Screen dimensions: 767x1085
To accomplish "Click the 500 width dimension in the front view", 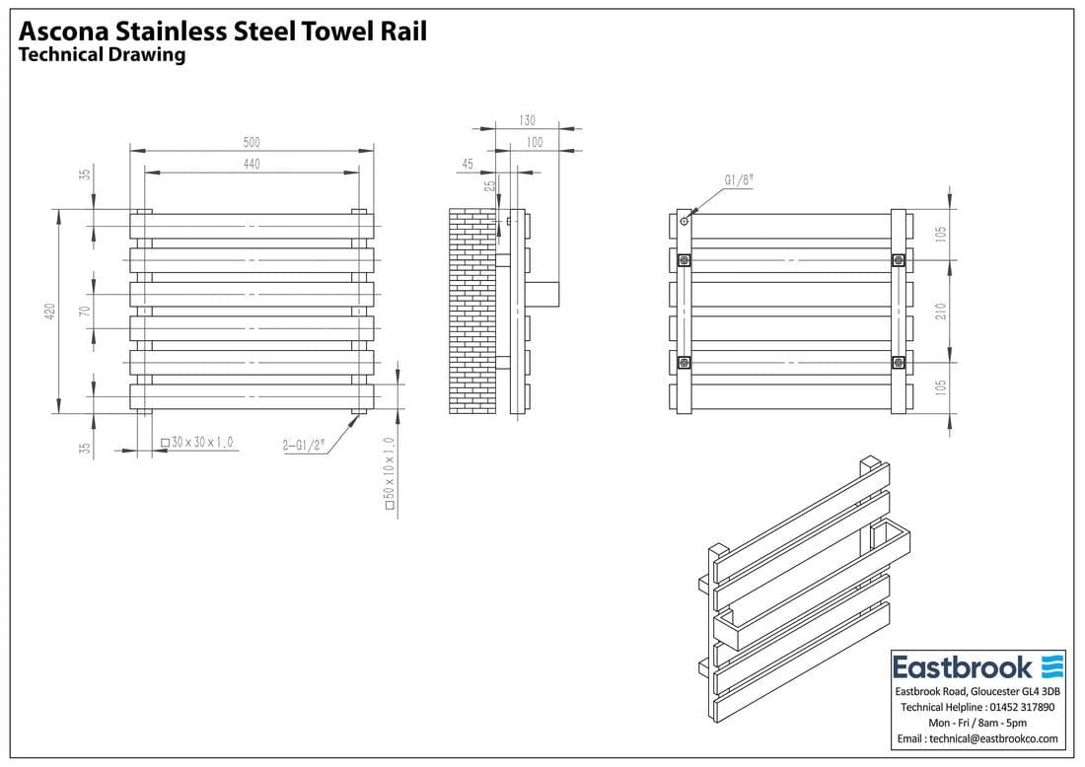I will click(x=252, y=142).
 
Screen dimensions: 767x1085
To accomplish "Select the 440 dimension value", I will click(x=252, y=164).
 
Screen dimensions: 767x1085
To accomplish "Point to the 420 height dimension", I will click(x=49, y=312).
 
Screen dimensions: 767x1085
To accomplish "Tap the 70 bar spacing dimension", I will click(x=85, y=312).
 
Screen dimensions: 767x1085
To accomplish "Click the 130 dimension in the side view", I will click(x=527, y=120).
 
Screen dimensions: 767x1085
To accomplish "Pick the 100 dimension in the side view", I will click(x=534, y=143).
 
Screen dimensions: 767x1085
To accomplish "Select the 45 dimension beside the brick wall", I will click(x=468, y=164).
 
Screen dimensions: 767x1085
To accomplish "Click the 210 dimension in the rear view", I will click(x=941, y=312).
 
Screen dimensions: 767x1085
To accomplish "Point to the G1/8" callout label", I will click(x=739, y=180).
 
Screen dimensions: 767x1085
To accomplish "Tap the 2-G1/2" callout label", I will click(x=304, y=445).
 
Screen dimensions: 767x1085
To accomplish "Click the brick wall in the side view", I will click(x=471, y=312).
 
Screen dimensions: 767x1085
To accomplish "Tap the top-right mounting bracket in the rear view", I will click(x=898, y=260).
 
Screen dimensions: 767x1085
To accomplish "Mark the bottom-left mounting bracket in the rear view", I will click(x=685, y=363).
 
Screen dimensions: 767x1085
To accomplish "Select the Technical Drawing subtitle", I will click(x=103, y=55).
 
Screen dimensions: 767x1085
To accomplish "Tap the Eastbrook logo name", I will click(x=963, y=667).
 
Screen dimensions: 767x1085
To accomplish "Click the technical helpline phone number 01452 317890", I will click(x=1018, y=707).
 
